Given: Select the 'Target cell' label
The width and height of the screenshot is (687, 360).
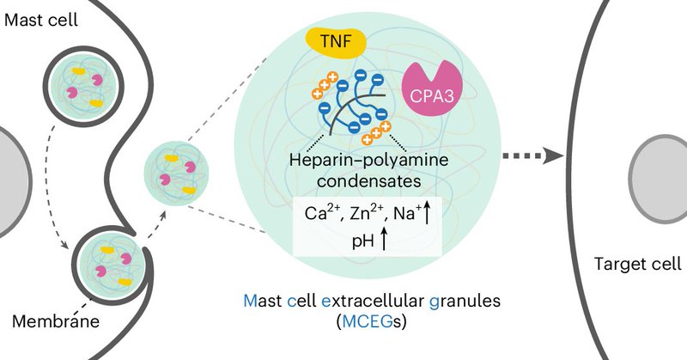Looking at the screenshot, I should click(635, 265).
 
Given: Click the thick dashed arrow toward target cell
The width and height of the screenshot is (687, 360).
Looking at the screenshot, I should click(532, 156).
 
